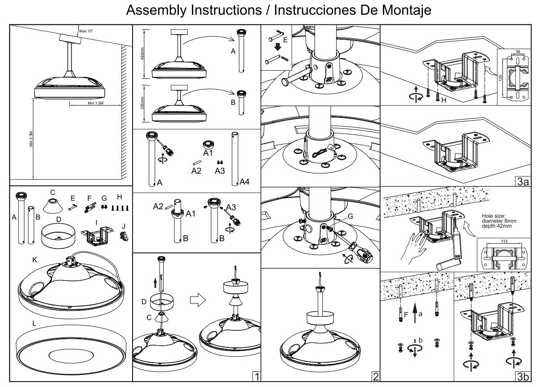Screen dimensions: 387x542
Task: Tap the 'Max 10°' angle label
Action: (x=86, y=31)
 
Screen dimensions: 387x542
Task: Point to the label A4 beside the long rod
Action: (x=244, y=182)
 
